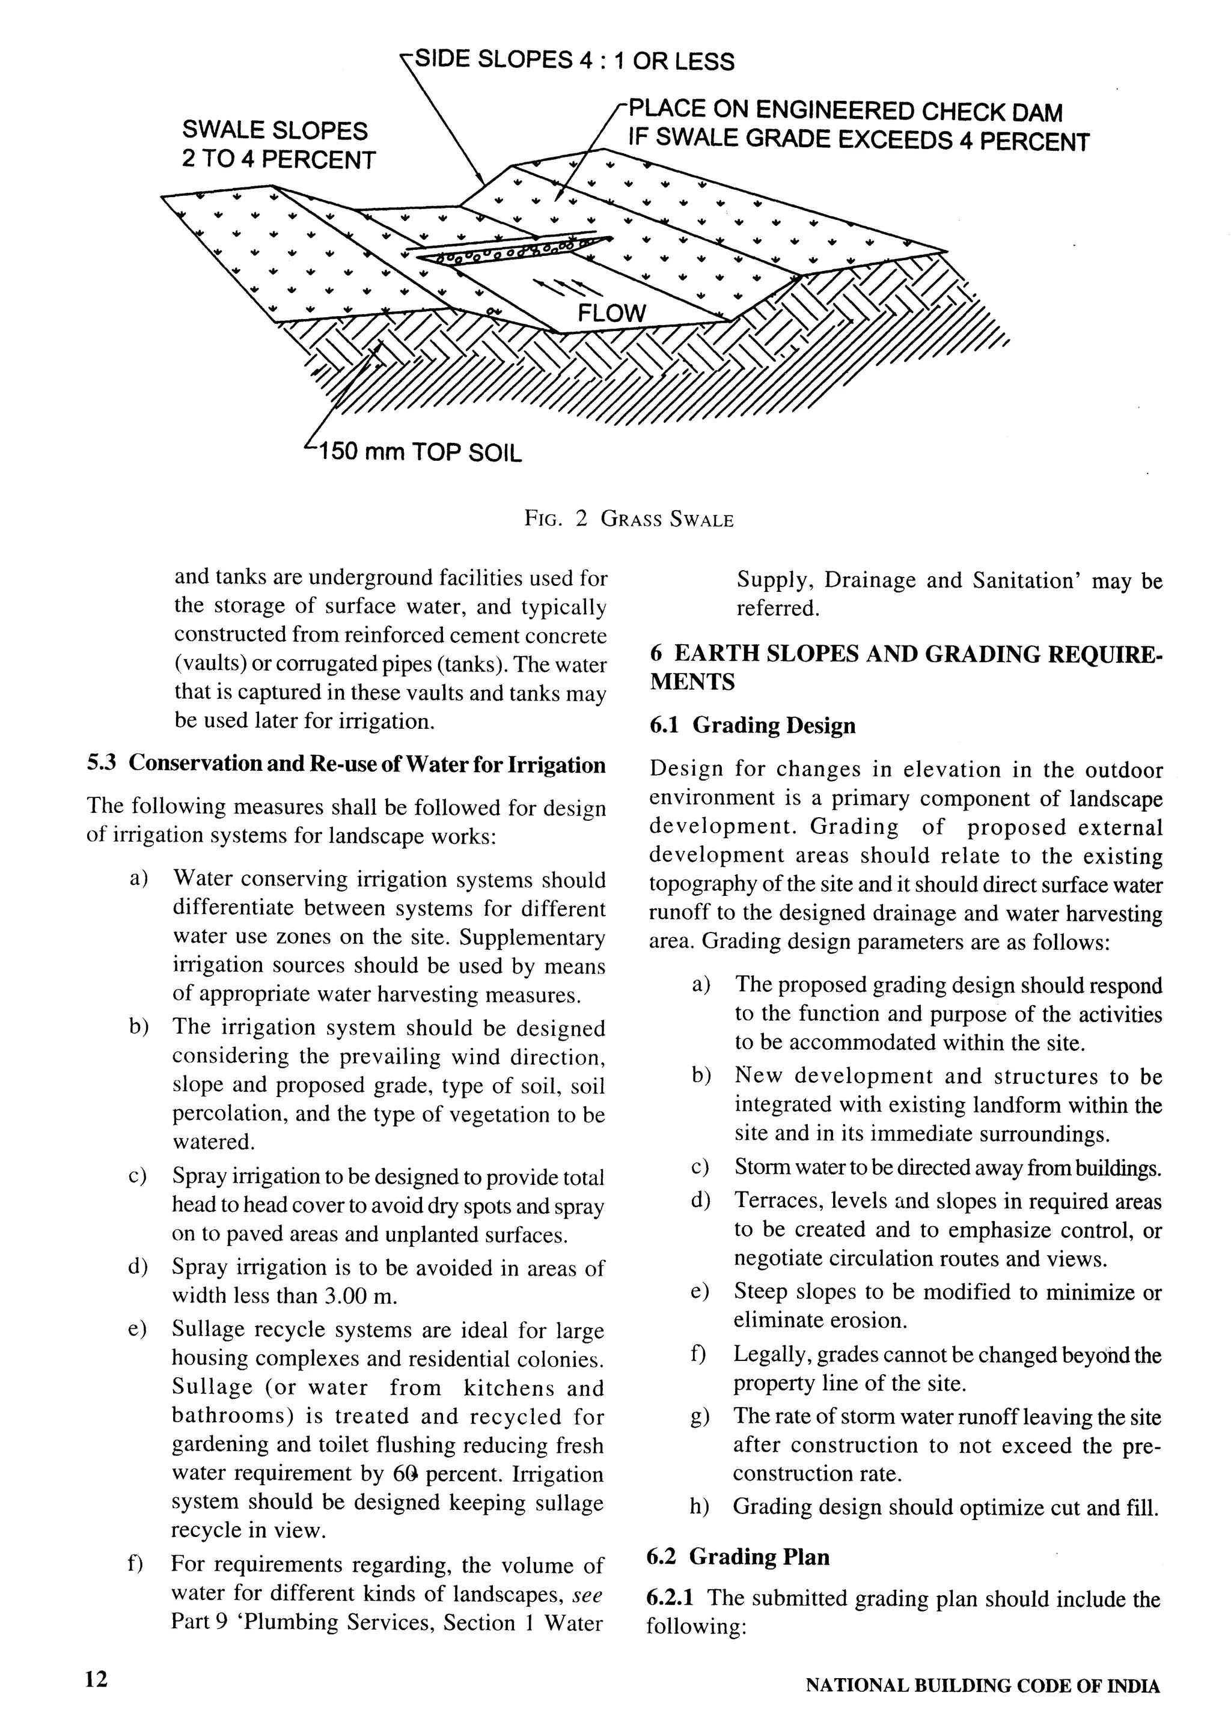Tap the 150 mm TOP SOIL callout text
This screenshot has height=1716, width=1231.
pyautogui.click(x=420, y=452)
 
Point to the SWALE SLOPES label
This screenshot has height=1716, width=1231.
pyautogui.click(x=275, y=130)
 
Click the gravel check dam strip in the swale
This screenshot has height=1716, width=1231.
pyautogui.click(x=515, y=251)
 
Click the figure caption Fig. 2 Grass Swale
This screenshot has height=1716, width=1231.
pyautogui.click(x=629, y=520)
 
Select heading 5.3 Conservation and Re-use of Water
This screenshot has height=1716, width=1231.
pyautogui.click(x=346, y=765)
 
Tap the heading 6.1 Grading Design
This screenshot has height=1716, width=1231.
pyautogui.click(x=752, y=726)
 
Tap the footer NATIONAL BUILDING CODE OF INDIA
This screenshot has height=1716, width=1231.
pyautogui.click(x=982, y=1686)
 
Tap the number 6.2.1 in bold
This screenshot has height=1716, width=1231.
pyautogui.click(x=674, y=1598)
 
